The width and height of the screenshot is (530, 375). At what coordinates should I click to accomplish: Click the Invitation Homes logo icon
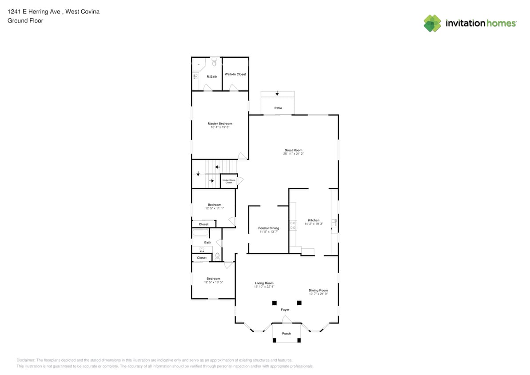point(432,23)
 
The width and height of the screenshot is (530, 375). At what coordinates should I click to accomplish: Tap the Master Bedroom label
point(220,124)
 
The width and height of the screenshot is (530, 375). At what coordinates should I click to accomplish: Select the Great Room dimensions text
point(293,154)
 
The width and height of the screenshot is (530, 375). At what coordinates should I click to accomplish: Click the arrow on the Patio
point(277,93)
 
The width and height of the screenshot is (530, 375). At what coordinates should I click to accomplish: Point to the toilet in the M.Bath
point(214,63)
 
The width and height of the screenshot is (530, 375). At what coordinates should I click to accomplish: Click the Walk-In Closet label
point(235,74)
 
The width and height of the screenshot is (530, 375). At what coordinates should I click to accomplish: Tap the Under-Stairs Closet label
point(228,181)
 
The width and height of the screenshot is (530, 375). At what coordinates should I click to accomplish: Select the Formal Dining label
point(269,228)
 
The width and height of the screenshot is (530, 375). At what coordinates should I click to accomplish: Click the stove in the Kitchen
point(293,225)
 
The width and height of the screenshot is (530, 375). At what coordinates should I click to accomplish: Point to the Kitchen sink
point(334,223)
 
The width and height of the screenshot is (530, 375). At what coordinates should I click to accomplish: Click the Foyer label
point(285,310)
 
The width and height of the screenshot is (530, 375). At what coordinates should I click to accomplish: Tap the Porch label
point(287,333)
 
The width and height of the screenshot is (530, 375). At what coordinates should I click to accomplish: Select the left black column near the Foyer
point(274,303)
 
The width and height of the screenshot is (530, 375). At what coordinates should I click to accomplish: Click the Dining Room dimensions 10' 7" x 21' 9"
point(318,294)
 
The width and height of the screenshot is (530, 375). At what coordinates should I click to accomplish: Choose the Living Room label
point(264,283)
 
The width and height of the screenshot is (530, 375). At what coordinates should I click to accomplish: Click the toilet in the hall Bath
point(217,256)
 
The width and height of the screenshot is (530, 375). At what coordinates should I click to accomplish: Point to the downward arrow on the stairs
point(198,173)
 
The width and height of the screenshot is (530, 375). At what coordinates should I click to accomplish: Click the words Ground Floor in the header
point(25,20)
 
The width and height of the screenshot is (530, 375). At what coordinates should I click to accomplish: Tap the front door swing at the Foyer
point(287,319)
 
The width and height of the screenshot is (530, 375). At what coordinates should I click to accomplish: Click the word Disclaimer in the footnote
point(26,360)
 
